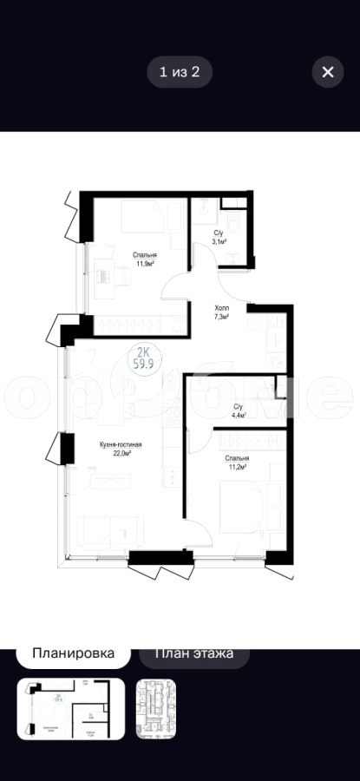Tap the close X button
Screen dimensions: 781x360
pyautogui.click(x=328, y=72)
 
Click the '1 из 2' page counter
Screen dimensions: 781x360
pyautogui.click(x=180, y=72)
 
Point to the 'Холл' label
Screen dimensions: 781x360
pyautogui.click(x=223, y=308)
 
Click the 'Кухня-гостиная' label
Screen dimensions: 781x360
pyautogui.click(x=121, y=443)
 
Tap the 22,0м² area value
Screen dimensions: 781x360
pyautogui.click(x=121, y=453)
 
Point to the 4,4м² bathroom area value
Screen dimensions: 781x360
pyautogui.click(x=237, y=415)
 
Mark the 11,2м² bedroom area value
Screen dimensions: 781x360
pyautogui.click(x=237, y=466)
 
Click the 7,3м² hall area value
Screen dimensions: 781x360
pyautogui.click(x=223, y=317)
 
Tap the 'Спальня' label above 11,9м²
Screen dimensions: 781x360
pyautogui.click(x=145, y=254)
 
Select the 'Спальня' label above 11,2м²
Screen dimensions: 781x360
pyautogui.click(x=237, y=457)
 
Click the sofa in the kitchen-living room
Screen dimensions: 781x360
pyautogui.click(x=104, y=531)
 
